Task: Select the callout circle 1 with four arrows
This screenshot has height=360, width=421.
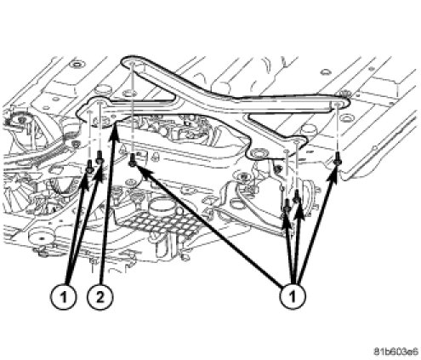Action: click(293, 296)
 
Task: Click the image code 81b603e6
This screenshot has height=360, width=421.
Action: click(395, 351)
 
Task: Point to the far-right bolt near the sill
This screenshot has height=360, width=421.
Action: click(338, 158)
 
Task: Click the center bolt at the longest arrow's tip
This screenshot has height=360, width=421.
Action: click(133, 160)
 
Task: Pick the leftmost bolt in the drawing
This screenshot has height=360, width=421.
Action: click(89, 167)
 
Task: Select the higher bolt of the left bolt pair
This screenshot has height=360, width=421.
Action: click(100, 157)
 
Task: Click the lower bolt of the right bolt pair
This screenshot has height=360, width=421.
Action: click(287, 205)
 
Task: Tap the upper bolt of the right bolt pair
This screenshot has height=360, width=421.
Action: click(296, 197)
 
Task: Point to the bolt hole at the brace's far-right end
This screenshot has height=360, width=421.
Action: click(337, 105)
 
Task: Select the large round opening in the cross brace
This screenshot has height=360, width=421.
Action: click(259, 153)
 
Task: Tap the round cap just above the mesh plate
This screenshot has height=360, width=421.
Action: click(159, 206)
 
